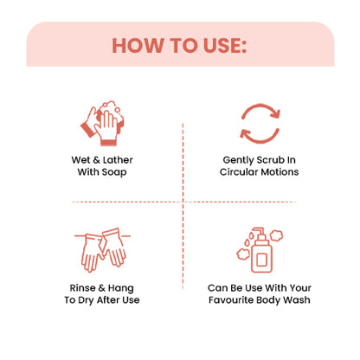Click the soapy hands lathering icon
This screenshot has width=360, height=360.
point(102,123)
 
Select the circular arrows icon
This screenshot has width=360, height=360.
point(260,124)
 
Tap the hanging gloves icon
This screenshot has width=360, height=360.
point(102,250)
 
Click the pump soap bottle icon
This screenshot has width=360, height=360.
point(260,250)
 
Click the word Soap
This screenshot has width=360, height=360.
point(114,172)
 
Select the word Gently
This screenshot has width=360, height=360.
point(238,160)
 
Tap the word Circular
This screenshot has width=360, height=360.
point(239,172)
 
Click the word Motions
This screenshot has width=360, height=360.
point(280,172)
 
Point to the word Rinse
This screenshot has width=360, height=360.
point(82,288)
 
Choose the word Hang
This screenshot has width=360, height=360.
point(121,288)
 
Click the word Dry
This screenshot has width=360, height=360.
point(86,300)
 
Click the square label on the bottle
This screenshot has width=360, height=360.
point(261,260)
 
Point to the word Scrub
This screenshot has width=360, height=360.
point(270,160)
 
